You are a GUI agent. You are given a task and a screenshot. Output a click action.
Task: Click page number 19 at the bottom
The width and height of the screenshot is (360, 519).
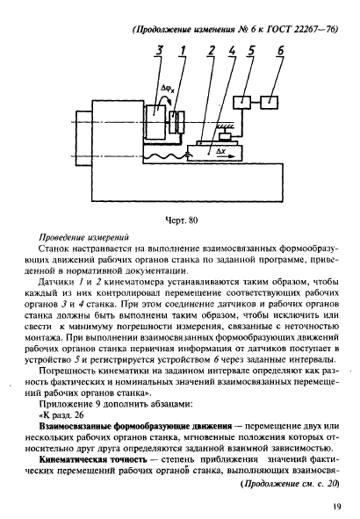[336, 504]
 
